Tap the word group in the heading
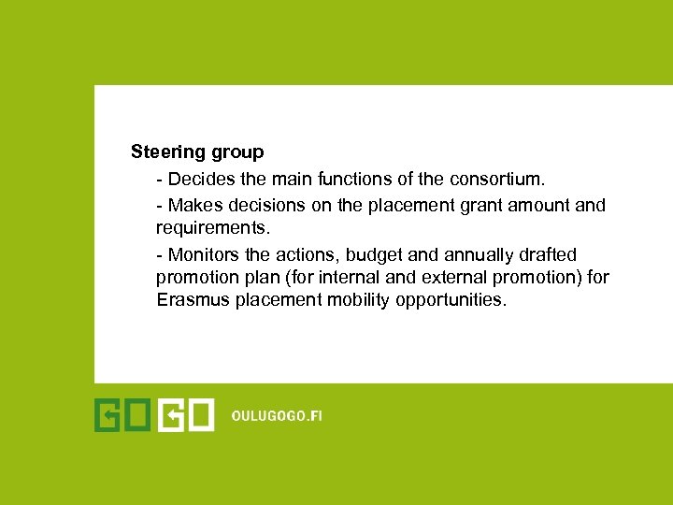236,151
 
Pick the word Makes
193,205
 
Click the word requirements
206,227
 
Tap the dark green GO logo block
122,416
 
